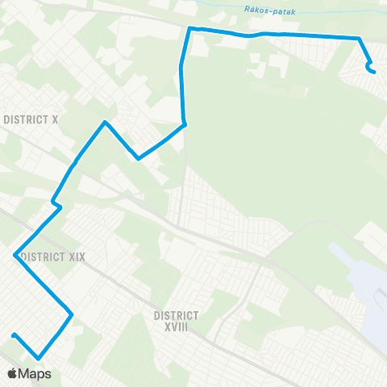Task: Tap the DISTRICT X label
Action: click(31, 119)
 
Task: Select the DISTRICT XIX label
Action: click(53, 256)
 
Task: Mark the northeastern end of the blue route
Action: click(374, 72)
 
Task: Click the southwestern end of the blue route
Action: click(14, 335)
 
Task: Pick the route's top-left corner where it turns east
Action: click(190, 29)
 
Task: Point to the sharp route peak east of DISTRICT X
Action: click(104, 123)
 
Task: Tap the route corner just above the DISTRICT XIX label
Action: click(15, 255)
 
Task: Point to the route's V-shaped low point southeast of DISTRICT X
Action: click(139, 158)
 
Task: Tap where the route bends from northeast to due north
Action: click(185, 124)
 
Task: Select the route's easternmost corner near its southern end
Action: click(72, 314)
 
